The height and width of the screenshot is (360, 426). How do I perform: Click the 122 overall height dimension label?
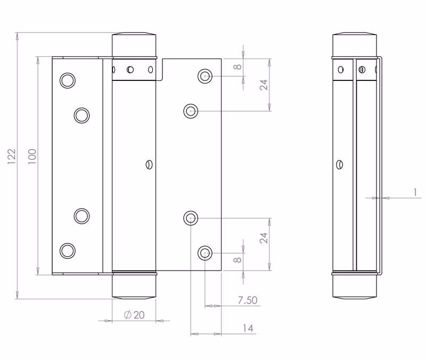click(12, 156)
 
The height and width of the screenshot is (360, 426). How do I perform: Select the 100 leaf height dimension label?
click(32, 156)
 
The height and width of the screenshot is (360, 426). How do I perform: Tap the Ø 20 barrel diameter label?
click(134, 315)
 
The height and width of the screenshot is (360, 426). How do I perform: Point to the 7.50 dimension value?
click(248, 300)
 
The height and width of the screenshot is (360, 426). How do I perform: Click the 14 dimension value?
click(248, 328)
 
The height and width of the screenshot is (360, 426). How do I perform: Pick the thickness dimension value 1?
click(415, 192)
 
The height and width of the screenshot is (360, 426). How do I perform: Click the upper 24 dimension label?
click(264, 85)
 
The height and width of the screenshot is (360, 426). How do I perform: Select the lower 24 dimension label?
click(264, 238)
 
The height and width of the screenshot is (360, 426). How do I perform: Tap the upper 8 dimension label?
click(237, 67)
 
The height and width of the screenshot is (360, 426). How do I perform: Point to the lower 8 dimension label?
click(237, 260)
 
